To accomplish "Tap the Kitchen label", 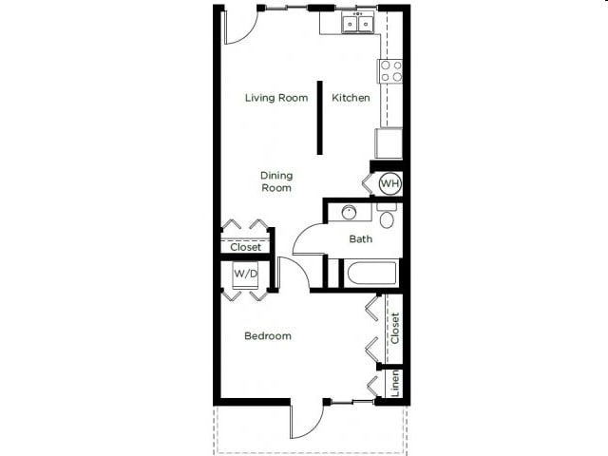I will pyautogui.click(x=351, y=98).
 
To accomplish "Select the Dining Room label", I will pyautogui.click(x=276, y=181).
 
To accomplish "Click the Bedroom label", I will pyautogui.click(x=267, y=335).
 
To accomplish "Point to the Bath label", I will pyautogui.click(x=361, y=239).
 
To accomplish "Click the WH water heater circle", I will pyautogui.click(x=389, y=182).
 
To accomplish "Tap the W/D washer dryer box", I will pyautogui.click(x=246, y=274).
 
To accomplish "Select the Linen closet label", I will pyautogui.click(x=395, y=383).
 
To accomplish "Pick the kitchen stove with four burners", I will pyautogui.click(x=390, y=70).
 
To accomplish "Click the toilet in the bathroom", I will pyautogui.click(x=387, y=218).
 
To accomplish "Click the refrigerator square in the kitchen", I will pyautogui.click(x=389, y=143).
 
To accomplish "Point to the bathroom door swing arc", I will pyautogui.click(x=306, y=237).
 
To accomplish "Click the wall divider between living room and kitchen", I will pyautogui.click(x=320, y=115).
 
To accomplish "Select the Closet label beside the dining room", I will pyautogui.click(x=246, y=247).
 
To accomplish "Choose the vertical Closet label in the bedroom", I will pyautogui.click(x=395, y=328).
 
